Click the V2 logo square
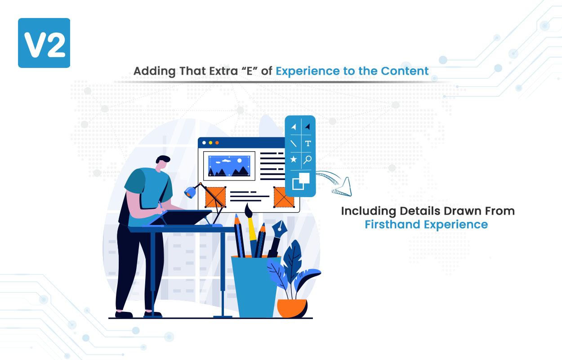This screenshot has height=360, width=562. (x=44, y=43)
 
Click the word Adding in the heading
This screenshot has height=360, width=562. (x=154, y=71)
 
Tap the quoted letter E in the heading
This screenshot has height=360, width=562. (x=249, y=71)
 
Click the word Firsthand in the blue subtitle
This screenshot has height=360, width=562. (x=393, y=224)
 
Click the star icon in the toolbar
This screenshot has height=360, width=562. (x=294, y=159)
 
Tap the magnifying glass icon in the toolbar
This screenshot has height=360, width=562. (x=308, y=159)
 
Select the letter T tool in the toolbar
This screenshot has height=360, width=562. (x=308, y=144)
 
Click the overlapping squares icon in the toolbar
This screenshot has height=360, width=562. (x=301, y=181)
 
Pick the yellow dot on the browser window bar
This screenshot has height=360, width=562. (x=210, y=143)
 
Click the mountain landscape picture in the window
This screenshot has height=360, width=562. (x=229, y=166)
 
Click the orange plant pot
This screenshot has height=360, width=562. (x=292, y=308)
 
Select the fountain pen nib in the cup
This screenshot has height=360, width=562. (x=279, y=229)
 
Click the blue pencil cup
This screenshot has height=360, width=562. (x=255, y=287)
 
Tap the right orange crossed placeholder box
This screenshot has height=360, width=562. (x=284, y=197)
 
